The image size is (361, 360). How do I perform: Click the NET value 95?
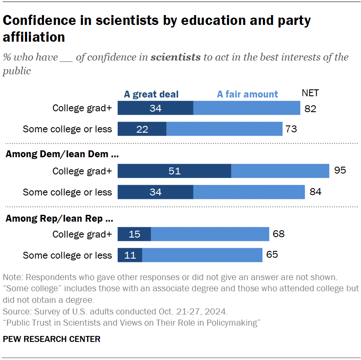[x=340, y=171]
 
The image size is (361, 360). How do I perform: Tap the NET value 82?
[x=310, y=108]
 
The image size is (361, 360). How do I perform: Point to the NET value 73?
[x=291, y=129]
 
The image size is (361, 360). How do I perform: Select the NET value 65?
[x=272, y=255]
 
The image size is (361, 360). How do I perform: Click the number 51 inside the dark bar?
[x=174, y=171]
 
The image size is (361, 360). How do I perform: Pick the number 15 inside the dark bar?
[x=135, y=234]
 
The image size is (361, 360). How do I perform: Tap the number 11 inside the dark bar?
[x=130, y=255]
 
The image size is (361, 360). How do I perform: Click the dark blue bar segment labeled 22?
[x=142, y=129]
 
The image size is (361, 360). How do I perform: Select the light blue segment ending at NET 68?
[x=210, y=234]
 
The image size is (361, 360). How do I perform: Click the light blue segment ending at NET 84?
[x=249, y=192]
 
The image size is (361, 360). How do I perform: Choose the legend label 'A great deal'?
[x=151, y=94]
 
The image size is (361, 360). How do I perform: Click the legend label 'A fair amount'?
[x=247, y=94]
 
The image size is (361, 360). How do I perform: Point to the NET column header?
[x=310, y=93]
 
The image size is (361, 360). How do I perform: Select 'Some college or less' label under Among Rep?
[x=67, y=255]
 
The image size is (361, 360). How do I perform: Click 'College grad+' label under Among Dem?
[x=82, y=171]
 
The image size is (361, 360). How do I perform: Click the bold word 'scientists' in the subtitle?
[x=175, y=57]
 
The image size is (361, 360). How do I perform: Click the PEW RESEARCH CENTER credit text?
[x=52, y=339]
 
